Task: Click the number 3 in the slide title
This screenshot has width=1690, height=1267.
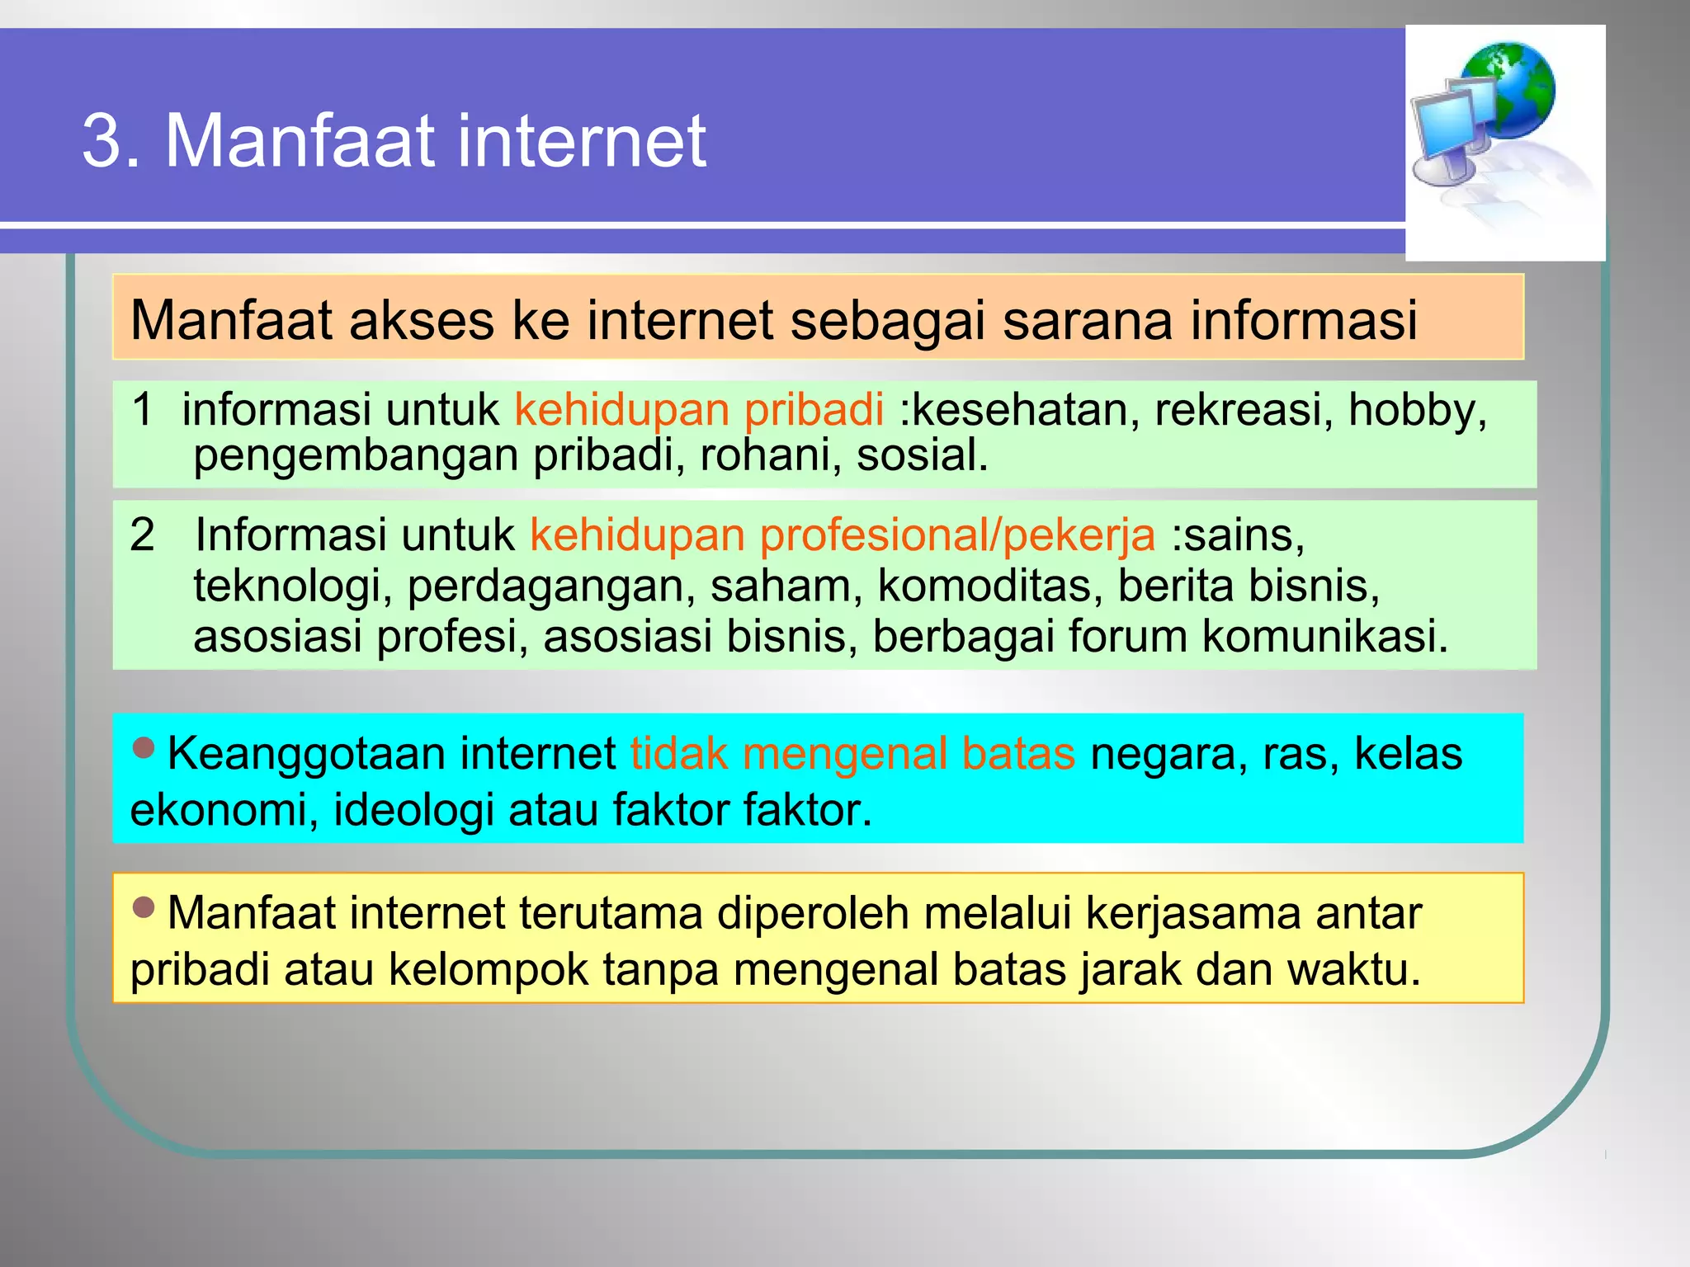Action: click(x=102, y=142)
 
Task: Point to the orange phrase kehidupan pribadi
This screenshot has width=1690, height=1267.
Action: click(x=699, y=409)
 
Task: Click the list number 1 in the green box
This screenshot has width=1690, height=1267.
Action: click(x=143, y=409)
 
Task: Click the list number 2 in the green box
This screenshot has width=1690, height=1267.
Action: click(x=143, y=535)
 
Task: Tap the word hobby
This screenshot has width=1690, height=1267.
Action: click(x=1417, y=410)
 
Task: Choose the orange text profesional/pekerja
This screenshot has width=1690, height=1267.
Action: click(x=957, y=535)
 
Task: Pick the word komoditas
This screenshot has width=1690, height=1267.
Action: click(x=989, y=586)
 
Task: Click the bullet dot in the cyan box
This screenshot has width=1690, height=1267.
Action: click(x=144, y=747)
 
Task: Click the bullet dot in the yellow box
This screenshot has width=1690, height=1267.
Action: click(x=144, y=907)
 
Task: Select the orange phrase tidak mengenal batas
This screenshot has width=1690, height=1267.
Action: click(x=852, y=754)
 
